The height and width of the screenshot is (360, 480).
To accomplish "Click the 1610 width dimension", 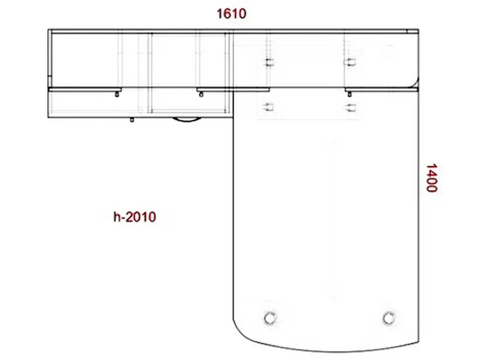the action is coord(232,14).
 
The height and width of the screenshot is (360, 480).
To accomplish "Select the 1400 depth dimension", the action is coord(432,178).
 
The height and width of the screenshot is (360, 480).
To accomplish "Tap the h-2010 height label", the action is coord(135,217).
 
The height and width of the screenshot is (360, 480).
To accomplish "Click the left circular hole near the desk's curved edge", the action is coord(270,318).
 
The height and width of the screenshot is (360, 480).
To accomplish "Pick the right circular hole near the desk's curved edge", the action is coord(389,318).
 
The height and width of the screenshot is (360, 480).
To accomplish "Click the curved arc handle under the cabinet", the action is coord(187,120).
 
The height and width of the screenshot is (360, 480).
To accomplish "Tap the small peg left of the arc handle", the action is coord(132,120).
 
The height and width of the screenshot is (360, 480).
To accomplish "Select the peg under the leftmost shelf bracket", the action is coord(117,94).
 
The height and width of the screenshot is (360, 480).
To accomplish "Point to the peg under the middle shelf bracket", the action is coord(201,94).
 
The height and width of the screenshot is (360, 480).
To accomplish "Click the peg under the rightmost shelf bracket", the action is coord(349,94).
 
